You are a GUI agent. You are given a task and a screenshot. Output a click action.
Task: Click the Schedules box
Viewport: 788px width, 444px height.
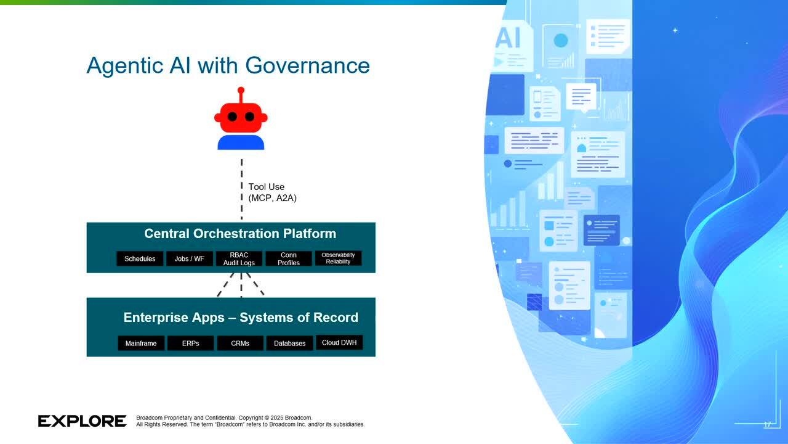140,258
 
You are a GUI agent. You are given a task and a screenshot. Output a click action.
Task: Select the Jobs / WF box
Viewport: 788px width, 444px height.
189,258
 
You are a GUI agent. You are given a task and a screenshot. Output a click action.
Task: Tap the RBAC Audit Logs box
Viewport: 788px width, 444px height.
239,258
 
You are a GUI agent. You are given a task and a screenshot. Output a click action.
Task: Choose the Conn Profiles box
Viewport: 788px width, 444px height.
289,258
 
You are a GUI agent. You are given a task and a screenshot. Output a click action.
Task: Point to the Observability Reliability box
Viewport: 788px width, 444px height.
338,258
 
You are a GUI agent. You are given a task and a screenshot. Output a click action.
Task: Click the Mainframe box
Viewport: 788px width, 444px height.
141,343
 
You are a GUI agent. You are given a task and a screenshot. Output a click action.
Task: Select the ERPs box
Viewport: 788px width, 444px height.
191,343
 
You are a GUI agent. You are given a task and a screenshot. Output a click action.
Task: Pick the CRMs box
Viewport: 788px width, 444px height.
240,343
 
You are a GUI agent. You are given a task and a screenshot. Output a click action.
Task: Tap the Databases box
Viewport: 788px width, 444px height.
289,343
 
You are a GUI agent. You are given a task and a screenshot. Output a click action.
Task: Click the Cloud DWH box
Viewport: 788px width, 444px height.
339,342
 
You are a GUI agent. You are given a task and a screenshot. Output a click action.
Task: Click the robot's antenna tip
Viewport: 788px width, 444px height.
241,90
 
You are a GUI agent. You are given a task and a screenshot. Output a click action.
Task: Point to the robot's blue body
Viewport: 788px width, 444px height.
241,142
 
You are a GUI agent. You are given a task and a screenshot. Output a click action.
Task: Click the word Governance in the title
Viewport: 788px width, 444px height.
307,65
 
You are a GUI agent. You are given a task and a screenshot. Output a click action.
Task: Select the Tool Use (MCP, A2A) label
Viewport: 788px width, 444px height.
272,192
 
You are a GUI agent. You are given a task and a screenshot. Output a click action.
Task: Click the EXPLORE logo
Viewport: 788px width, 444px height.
82,421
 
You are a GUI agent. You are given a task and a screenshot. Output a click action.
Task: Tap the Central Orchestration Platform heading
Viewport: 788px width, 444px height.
240,234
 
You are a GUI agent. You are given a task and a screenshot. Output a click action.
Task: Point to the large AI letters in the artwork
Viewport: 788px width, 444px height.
509,38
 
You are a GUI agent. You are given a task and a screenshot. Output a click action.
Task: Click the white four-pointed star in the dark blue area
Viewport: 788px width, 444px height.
675,30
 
